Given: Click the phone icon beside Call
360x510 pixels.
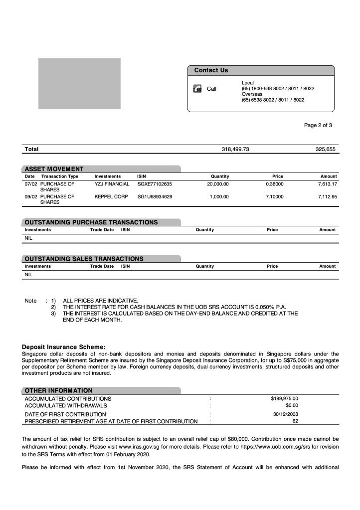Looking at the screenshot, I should [x=197, y=89].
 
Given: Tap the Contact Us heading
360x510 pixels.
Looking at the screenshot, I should [x=211, y=70].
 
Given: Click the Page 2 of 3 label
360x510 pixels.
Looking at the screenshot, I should [x=318, y=125].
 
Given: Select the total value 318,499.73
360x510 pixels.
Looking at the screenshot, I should [x=235, y=149].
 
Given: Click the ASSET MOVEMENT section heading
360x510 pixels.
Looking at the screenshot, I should [x=54, y=169].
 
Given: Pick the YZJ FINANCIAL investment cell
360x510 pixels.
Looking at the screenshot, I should [x=112, y=184].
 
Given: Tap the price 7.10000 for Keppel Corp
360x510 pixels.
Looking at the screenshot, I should [x=274, y=196].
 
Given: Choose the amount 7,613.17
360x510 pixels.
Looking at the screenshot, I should [x=327, y=184].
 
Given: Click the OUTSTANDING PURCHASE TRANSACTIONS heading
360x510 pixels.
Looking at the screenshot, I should [x=91, y=222].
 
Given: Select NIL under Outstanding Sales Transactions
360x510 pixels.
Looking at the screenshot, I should [x=28, y=274].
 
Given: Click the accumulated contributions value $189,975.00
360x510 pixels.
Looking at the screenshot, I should [x=284, y=398].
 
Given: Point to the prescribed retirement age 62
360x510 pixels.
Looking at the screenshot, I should [x=295, y=421].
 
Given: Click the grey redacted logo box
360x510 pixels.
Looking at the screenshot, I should [x=80, y=84].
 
